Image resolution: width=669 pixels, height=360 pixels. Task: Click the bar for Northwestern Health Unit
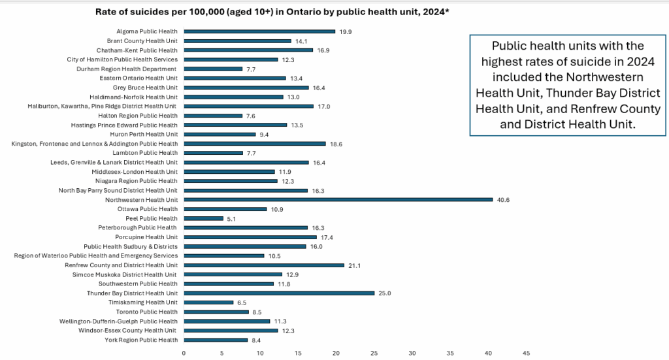338,200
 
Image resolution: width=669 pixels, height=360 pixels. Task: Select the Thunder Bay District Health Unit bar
279,293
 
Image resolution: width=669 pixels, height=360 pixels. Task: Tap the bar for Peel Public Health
203,218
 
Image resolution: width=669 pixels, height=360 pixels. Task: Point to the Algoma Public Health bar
259,31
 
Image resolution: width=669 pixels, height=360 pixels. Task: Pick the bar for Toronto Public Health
216,312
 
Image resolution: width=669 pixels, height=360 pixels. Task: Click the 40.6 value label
503,200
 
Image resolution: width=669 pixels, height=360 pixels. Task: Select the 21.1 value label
354,265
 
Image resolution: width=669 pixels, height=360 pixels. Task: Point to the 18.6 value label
335,144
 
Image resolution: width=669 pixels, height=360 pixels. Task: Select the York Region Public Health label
140,340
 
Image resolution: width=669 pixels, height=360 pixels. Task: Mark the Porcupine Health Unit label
146,237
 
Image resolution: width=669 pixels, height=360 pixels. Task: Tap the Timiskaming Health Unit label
142,303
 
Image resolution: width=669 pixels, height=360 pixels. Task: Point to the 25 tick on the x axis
374,353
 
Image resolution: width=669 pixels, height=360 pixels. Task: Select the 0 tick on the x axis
184,353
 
